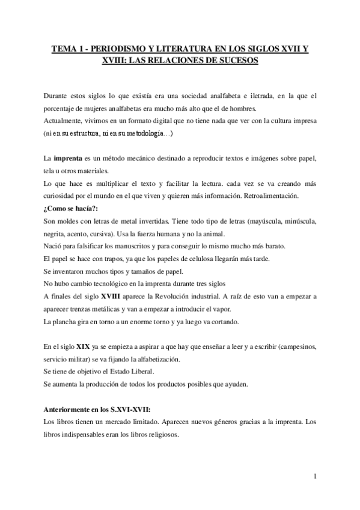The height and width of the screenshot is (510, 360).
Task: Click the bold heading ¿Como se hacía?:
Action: coord(68,207)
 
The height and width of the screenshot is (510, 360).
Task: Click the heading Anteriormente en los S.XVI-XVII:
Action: coord(96,410)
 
